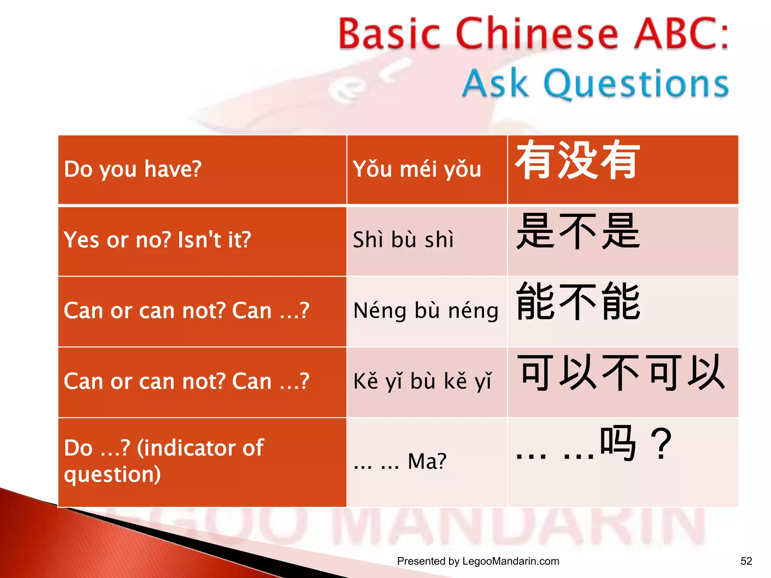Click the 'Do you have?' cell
click(x=133, y=169)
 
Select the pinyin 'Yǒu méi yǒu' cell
click(x=417, y=169)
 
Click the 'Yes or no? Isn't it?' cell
click(x=157, y=240)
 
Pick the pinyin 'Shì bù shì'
click(x=403, y=240)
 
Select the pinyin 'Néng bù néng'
click(x=426, y=311)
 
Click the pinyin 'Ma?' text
click(x=427, y=461)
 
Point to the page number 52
click(x=746, y=561)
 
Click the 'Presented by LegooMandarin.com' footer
click(x=478, y=561)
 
